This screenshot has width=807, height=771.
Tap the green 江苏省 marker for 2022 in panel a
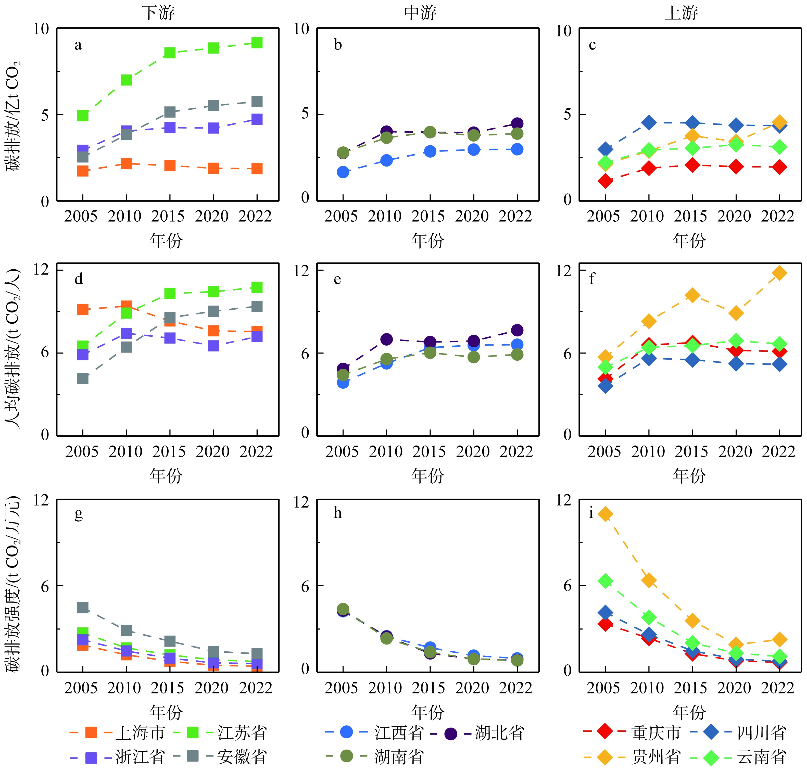click(257, 43)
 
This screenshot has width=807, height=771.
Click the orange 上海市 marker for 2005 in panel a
click(83, 171)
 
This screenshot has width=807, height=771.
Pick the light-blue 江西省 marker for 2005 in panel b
click(343, 172)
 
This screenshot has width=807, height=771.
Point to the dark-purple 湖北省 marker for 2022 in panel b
click(517, 123)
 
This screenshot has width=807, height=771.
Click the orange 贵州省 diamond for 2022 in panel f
click(779, 273)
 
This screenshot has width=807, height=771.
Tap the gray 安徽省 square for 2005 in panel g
click(83, 608)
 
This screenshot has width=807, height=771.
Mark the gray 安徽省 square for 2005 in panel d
click(83, 378)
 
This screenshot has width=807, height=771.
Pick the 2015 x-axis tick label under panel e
click(429, 452)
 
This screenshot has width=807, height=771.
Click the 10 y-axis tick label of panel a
click(41, 29)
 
